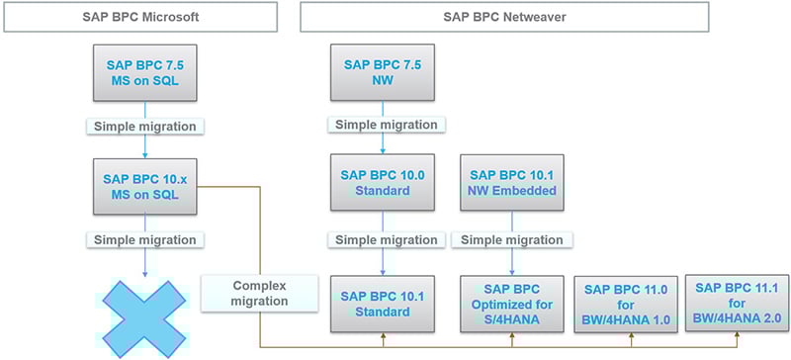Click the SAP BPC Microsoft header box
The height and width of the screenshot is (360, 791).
(x=147, y=16)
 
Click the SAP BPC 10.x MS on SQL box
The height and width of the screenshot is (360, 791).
(x=147, y=185)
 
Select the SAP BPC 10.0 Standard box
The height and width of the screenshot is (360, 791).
(x=383, y=185)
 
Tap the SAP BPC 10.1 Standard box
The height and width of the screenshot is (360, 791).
(x=383, y=304)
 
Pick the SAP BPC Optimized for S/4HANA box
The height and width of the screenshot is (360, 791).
(x=511, y=304)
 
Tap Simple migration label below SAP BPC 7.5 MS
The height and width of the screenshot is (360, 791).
(x=147, y=127)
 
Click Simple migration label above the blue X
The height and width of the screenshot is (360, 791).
(x=147, y=240)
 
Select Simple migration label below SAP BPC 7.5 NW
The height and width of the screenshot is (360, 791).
(x=383, y=125)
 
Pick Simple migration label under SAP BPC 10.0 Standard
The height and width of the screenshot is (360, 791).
(x=383, y=240)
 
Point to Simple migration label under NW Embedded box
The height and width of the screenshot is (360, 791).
(x=511, y=240)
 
